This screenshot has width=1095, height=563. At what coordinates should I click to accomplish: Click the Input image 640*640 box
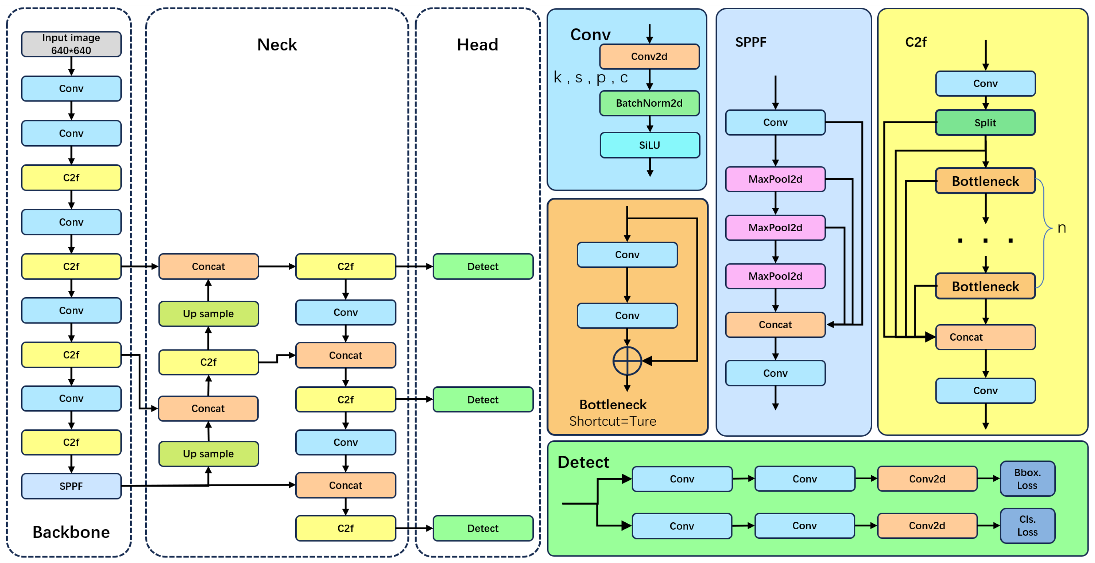(71, 44)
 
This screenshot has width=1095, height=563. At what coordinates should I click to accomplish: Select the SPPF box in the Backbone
(71, 486)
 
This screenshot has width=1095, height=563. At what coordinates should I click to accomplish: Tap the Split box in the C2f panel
(985, 123)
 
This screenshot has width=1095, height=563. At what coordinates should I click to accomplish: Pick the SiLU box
(650, 145)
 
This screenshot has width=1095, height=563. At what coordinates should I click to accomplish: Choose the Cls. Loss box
(1027, 526)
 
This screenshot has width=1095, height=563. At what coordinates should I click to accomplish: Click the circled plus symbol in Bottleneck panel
(627, 361)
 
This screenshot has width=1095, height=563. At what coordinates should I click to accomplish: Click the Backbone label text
(71, 532)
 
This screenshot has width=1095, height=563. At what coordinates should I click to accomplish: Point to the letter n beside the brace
(1062, 228)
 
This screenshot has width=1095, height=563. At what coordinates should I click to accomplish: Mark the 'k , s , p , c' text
(591, 78)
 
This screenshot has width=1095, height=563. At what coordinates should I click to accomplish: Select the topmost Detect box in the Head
(483, 266)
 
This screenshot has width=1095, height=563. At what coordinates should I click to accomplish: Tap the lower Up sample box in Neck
(208, 454)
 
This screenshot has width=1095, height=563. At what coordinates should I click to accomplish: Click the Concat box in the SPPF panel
(775, 325)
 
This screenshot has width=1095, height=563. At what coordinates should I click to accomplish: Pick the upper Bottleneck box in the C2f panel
(985, 181)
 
